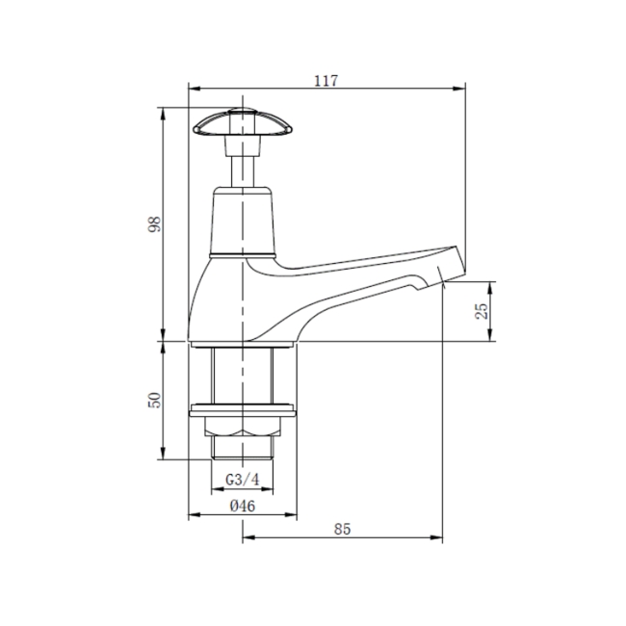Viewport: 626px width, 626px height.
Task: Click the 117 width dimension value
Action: click(x=326, y=80)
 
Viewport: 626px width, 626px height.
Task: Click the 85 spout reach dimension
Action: click(x=341, y=529)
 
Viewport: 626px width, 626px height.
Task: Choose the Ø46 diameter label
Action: click(x=242, y=506)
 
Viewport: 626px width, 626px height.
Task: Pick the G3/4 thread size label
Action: click(x=242, y=479)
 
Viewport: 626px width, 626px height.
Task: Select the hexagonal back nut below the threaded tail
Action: click(x=242, y=429)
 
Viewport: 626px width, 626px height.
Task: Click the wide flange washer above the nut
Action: click(x=242, y=413)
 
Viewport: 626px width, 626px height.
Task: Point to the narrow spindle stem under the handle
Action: click(x=241, y=169)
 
